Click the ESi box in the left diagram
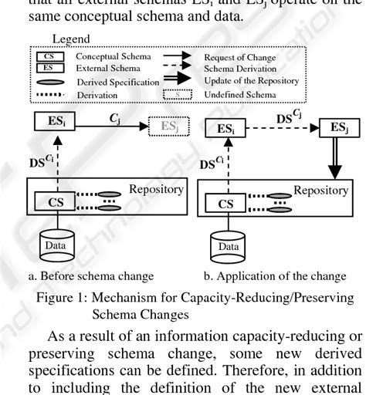coord(48,120)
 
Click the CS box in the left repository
coord(47,201)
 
